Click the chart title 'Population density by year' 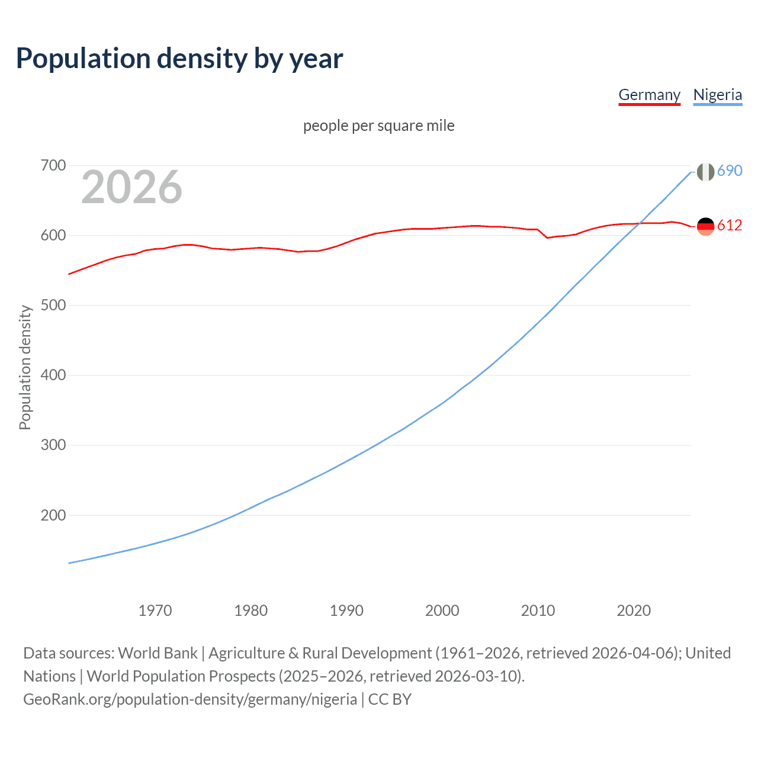(x=179, y=59)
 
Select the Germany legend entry (x=649, y=95)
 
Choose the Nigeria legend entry (x=717, y=95)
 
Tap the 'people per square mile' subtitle (x=379, y=126)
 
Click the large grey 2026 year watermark (x=131, y=187)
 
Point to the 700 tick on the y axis (x=53, y=165)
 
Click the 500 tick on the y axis (x=53, y=306)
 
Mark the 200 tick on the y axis (x=53, y=515)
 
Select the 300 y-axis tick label (x=53, y=445)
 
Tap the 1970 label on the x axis (x=155, y=611)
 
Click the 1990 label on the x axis (x=346, y=611)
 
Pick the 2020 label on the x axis (x=634, y=611)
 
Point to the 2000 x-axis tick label (x=442, y=611)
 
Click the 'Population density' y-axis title (x=25, y=367)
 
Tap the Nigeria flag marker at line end (x=705, y=172)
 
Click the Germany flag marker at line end (x=705, y=226)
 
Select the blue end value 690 (x=730, y=171)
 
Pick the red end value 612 (x=730, y=225)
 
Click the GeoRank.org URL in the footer (x=190, y=699)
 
